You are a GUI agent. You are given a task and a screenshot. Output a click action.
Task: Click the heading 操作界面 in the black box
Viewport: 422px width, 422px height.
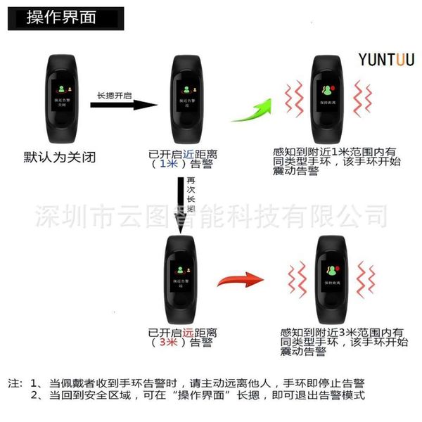pyautogui.click(x=61, y=17)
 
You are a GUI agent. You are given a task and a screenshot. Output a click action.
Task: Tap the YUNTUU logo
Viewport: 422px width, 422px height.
pyautogui.click(x=386, y=60)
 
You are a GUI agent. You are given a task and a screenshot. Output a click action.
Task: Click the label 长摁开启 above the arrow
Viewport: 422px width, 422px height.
pyautogui.click(x=114, y=95)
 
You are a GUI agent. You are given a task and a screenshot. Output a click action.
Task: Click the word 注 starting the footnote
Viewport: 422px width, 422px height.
pyautogui.click(x=14, y=384)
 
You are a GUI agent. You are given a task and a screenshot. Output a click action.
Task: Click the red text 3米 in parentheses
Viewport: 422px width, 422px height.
pyautogui.click(x=167, y=343)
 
